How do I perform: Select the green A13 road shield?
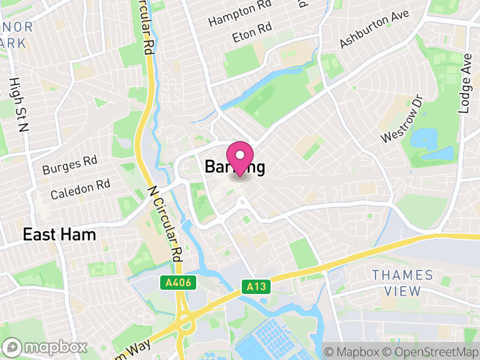coord(256,287)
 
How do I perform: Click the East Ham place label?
coord(59,235)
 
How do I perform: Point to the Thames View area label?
coord(402,283)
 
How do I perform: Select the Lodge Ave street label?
coord(465,82)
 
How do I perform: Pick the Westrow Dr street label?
coord(402,118)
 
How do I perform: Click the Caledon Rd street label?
coord(80,189)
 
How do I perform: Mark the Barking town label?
coord(235,167)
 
